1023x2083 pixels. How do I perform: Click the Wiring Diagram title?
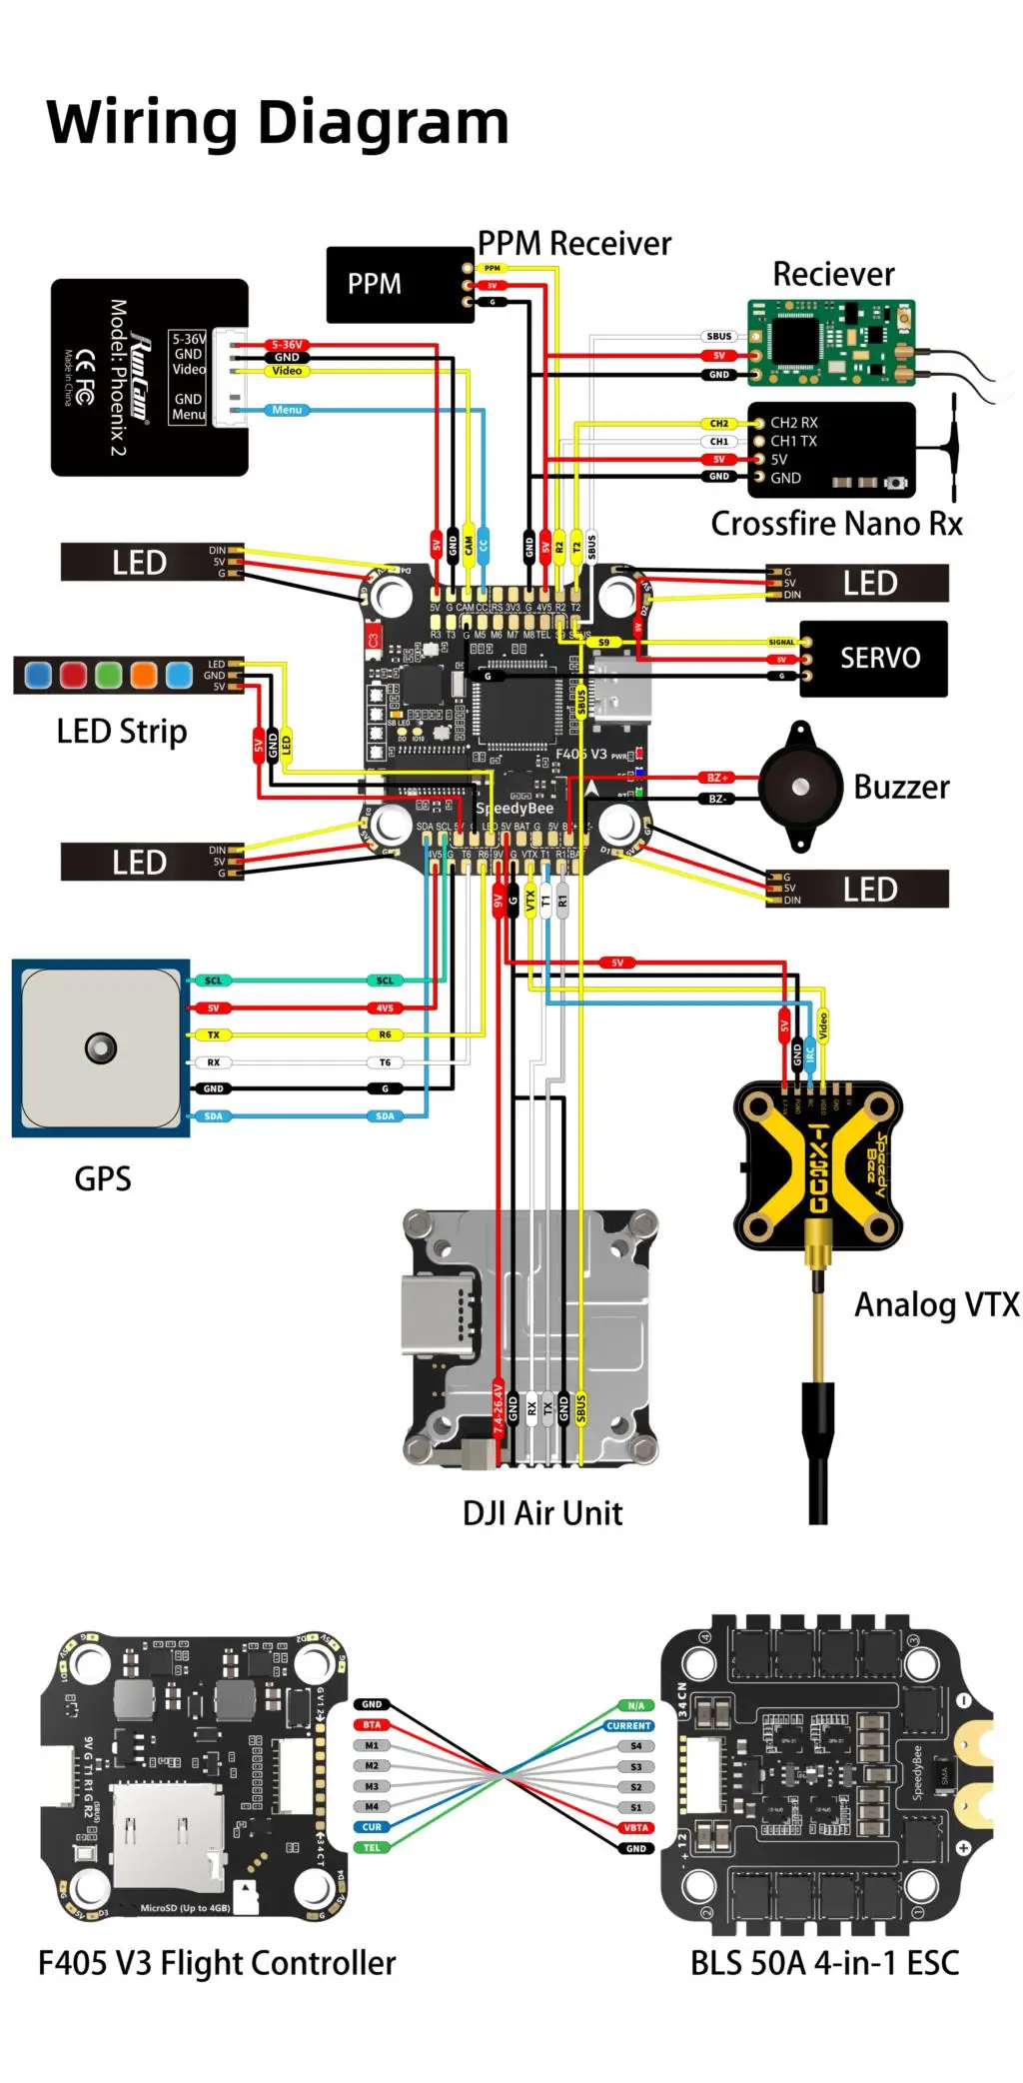278,123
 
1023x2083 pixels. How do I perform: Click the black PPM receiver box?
399,285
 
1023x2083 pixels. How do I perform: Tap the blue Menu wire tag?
287,410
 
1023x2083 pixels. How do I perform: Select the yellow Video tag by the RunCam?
287,371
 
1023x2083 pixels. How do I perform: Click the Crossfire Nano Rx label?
836,524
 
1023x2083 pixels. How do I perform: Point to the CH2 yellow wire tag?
718,424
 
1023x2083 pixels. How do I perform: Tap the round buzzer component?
799,788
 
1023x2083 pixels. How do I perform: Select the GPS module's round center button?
101,1047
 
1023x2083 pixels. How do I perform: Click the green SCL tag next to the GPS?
214,981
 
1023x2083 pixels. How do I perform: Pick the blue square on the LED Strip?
38,675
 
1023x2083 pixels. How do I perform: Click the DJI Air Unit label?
541,1513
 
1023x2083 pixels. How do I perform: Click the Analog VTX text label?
936,1304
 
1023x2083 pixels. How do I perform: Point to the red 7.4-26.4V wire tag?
498,1409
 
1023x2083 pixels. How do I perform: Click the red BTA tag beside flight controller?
372,1725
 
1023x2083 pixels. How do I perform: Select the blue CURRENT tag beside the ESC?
628,1726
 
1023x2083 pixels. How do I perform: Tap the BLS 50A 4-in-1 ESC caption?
824,1963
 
